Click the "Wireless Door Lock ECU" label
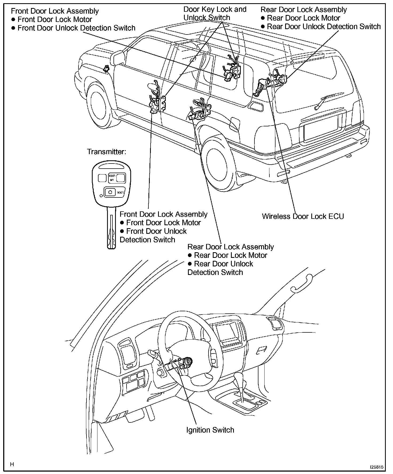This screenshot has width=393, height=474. pyautogui.click(x=303, y=216)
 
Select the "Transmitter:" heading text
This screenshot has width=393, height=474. pyautogui.click(x=107, y=152)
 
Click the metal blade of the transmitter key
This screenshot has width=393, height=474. pyautogui.click(x=111, y=228)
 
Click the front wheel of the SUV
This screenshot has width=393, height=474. pyautogui.click(x=100, y=104)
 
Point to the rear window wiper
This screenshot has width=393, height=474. pyautogui.click(x=323, y=102)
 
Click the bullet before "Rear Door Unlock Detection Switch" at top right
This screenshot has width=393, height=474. pyautogui.click(x=263, y=26)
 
